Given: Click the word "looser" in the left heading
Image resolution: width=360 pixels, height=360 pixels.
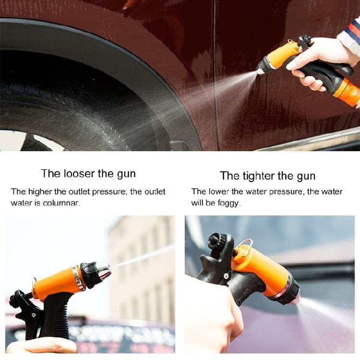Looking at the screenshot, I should click(80, 173).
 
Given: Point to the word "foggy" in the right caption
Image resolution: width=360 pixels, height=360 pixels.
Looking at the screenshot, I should click(228, 203).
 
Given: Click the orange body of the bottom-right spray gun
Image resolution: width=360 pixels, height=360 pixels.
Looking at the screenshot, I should click(262, 269).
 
